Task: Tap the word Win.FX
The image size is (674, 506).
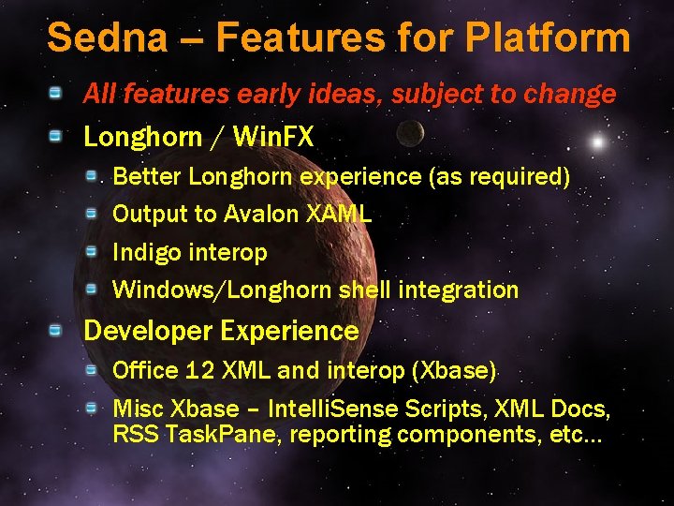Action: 272,138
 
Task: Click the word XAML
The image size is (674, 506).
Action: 339,215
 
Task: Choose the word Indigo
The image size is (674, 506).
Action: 148,253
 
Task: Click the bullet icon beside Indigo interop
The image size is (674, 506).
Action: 92,251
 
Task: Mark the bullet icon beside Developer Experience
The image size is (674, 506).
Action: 57,330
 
